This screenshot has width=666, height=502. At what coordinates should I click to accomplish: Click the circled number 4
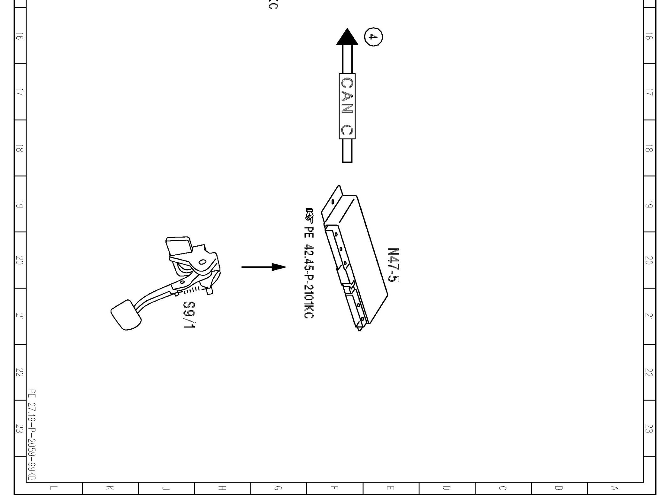(373, 37)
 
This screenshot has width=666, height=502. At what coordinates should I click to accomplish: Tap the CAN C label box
(347, 106)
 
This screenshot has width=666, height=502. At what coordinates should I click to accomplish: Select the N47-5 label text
(393, 265)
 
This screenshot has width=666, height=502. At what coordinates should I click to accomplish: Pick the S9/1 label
(188, 315)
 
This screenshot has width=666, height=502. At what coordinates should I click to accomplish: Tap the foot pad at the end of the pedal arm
(126, 315)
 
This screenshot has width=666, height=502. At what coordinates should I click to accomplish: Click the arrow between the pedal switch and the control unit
(264, 267)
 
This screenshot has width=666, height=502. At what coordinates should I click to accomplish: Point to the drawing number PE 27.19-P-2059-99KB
(32, 434)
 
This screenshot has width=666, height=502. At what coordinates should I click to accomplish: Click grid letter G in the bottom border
(278, 488)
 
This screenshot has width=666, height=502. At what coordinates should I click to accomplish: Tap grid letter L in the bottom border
(54, 488)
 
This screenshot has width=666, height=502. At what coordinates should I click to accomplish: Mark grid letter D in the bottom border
(447, 488)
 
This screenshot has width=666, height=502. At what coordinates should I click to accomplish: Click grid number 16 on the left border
(20, 37)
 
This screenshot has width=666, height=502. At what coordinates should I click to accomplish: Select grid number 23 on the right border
(648, 428)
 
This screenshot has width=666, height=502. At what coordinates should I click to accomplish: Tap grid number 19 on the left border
(20, 205)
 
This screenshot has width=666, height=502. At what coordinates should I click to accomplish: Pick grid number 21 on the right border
(648, 317)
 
